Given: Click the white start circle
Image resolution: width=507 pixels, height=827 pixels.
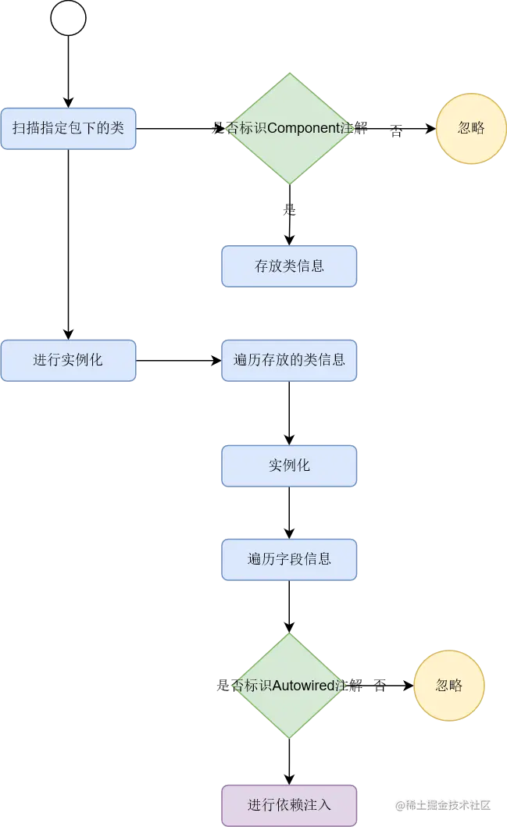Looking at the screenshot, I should [x=69, y=19].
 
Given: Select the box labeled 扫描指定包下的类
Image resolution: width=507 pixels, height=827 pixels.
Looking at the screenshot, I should [x=69, y=128].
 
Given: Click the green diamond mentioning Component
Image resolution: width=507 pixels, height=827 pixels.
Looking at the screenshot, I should [x=290, y=129].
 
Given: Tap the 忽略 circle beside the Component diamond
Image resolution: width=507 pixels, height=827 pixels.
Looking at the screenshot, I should [x=471, y=129].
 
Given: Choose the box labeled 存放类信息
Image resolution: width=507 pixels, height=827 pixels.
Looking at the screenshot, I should [x=289, y=266].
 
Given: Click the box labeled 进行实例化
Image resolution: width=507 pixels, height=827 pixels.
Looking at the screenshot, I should [x=69, y=360].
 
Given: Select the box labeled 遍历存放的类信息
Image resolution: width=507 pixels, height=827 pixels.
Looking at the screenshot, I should [x=289, y=360].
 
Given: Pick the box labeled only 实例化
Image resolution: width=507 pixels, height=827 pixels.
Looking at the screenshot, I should [x=289, y=465].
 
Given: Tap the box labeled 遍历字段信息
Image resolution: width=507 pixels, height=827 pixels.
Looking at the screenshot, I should [x=289, y=559].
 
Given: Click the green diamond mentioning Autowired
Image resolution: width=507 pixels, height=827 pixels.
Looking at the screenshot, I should [x=290, y=686].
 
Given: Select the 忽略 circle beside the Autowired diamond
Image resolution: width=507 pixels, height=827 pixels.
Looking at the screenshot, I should [x=449, y=686].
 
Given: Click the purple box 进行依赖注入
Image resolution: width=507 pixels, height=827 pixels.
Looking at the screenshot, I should [x=289, y=804].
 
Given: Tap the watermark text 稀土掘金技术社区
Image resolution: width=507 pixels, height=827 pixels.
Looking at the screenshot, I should [x=448, y=805].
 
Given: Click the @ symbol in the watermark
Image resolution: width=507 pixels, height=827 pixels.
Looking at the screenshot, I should [x=399, y=805].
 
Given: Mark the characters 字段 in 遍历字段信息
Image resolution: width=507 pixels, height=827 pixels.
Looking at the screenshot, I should [x=289, y=559].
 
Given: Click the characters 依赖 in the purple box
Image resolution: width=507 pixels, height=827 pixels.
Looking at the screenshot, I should [x=289, y=804].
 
